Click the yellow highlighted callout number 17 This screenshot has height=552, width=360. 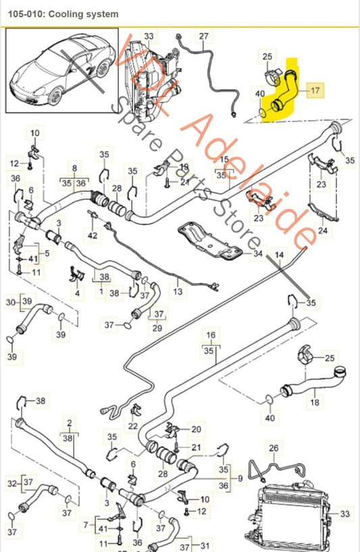[x=316, y=89]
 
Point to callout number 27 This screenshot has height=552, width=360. [x=203, y=35]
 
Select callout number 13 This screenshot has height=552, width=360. [x=177, y=292]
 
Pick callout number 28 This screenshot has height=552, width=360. [x=116, y=188]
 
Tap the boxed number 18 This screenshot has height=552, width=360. [x=314, y=402]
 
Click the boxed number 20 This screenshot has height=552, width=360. [x=196, y=429]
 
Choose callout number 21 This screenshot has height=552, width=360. [x=196, y=447]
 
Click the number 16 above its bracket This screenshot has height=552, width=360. [x=211, y=334]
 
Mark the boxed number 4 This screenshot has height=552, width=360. [x=78, y=293]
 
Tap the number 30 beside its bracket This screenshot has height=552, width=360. [x=9, y=301]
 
